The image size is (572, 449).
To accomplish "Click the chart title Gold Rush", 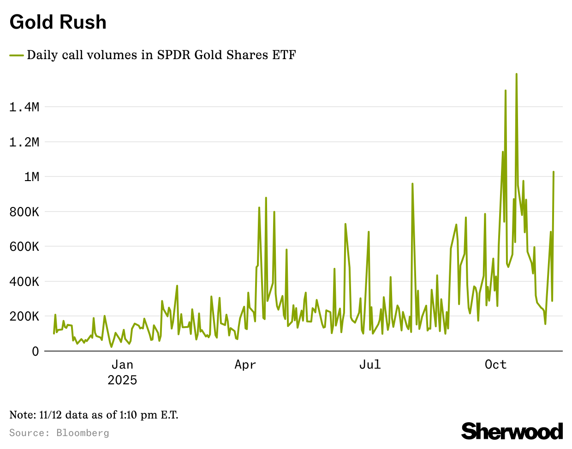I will coord(58,22).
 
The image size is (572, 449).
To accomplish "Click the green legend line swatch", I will coord(17,55).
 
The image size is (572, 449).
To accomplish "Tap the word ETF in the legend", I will coord(284,55).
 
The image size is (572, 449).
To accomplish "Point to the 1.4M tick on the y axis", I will coord(24,107).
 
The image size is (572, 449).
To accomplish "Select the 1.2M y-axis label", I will coord(24,142).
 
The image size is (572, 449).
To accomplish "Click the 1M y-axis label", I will coord(31,177).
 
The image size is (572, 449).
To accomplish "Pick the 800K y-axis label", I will coord(24,212).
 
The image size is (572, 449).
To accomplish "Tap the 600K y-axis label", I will coord(24,247).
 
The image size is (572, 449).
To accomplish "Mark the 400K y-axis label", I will coord(24,282).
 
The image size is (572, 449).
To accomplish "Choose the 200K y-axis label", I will coord(24,316).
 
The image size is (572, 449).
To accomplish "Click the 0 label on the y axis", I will coord(36,352).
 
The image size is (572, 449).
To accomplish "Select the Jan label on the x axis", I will coord(122,365).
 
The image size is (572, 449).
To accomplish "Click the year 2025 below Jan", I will coord(122,380).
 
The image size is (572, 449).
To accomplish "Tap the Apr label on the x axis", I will coord(245,365).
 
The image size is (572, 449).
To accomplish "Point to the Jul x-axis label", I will coord(370,365).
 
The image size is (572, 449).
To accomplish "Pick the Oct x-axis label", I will coord(495,365).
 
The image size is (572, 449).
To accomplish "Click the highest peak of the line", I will coord(516,74).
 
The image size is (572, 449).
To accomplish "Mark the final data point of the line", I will coord(554,172).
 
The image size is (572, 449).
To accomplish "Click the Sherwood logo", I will coord(512,431).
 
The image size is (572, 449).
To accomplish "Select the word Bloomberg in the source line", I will coord(83,433).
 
